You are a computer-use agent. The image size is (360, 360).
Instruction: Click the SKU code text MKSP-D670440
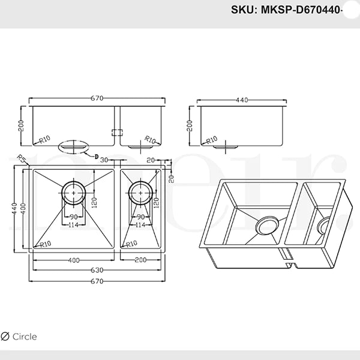coord(301,10)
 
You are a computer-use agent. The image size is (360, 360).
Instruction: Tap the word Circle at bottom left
coord(25,337)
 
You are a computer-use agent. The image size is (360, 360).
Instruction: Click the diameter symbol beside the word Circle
coord(5,337)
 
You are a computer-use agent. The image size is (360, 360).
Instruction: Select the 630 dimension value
coord(97,270)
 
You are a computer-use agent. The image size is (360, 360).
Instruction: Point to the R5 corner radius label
coord(21,158)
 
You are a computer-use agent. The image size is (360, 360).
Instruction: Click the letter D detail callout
coord(97,157)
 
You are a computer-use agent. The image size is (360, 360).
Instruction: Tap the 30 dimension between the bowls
coord(104,160)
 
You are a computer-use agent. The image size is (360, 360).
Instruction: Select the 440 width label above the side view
coord(242,100)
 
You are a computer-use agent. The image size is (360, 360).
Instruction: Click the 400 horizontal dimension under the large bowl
coord(74,260)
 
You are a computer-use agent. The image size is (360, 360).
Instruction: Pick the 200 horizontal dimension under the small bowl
coord(140,260)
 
